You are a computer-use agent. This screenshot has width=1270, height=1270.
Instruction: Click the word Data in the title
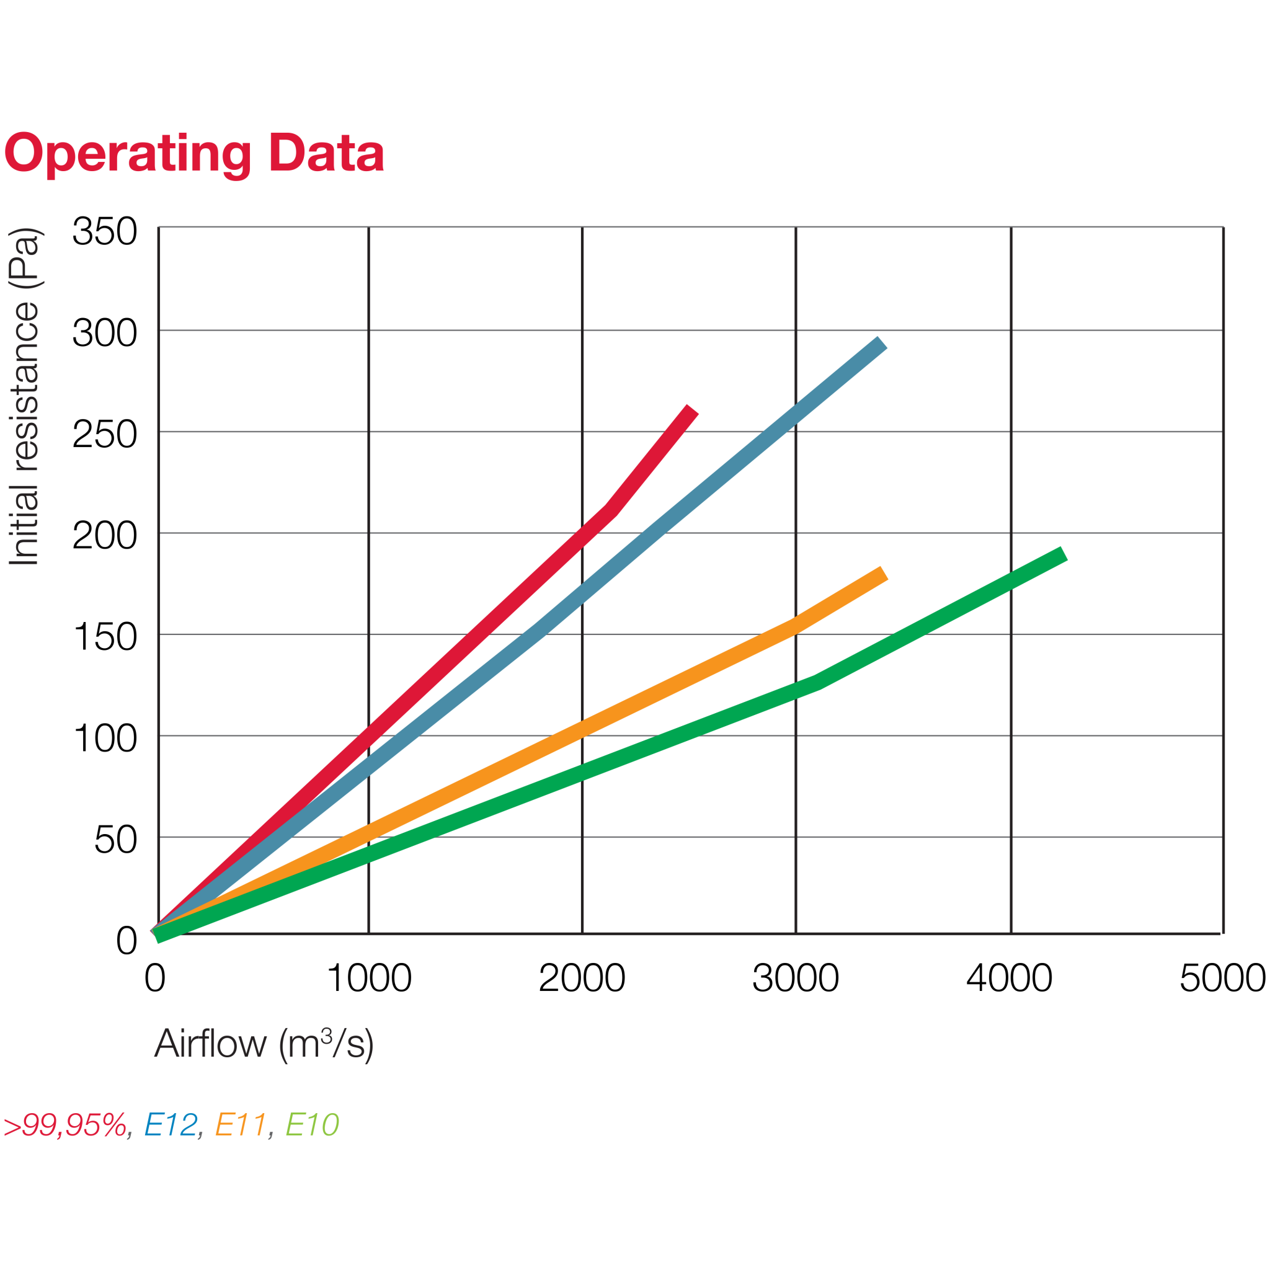(326, 153)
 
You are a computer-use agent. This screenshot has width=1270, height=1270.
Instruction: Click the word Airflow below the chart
(210, 1044)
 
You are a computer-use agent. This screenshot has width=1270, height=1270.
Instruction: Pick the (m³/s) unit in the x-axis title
(327, 1044)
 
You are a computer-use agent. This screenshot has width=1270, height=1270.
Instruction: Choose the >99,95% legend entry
(65, 1125)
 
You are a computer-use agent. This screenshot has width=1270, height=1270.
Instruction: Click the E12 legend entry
(171, 1125)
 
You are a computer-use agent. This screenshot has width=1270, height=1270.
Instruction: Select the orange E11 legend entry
(241, 1125)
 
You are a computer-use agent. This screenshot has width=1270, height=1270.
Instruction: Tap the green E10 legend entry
(313, 1125)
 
